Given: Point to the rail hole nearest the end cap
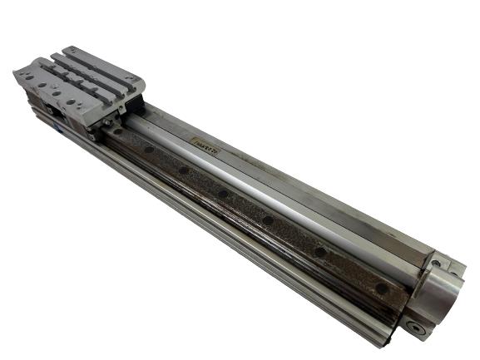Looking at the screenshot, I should coord(380,288).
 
